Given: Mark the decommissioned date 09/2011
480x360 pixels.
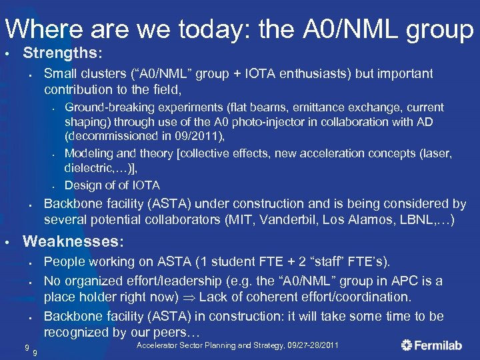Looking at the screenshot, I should [201, 137].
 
